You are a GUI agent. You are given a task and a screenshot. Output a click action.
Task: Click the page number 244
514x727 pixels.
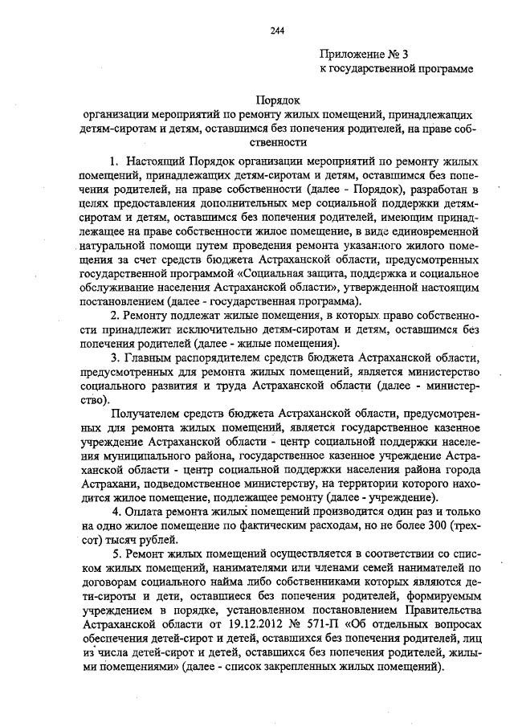point(276,31)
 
